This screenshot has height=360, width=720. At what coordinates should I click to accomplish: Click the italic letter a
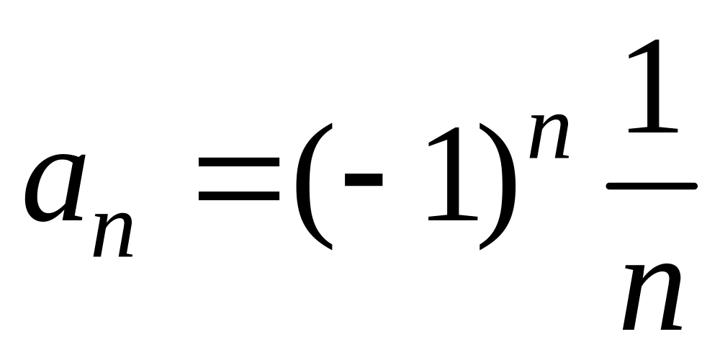coord(54,188)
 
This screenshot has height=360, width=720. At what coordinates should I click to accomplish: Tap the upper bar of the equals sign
coord(239,161)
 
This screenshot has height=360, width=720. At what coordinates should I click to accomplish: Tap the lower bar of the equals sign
coord(239,196)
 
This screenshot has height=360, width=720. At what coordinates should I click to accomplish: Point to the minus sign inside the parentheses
coord(364,179)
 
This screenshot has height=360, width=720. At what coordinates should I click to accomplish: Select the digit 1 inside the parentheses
coord(453,174)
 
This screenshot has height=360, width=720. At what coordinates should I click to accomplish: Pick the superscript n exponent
coord(549,136)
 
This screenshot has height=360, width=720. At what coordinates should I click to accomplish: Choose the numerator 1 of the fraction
coord(653,86)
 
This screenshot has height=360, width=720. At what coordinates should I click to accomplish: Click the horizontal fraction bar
coord(652,186)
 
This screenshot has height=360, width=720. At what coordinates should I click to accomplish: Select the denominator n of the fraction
coord(652,297)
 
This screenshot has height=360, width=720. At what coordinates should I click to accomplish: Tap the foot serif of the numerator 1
coord(653,130)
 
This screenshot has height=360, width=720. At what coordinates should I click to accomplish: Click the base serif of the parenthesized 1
coord(453,217)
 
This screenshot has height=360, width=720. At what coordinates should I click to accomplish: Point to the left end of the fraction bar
coord(608,186)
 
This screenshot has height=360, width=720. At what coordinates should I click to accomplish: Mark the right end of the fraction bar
coord(696,186)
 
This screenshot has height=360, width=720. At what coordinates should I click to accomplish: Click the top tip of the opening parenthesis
coord(331,124)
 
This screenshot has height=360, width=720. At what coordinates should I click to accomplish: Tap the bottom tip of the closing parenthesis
coord(480,249)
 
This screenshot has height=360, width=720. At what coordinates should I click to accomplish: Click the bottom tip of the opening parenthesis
coord(331,249)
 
